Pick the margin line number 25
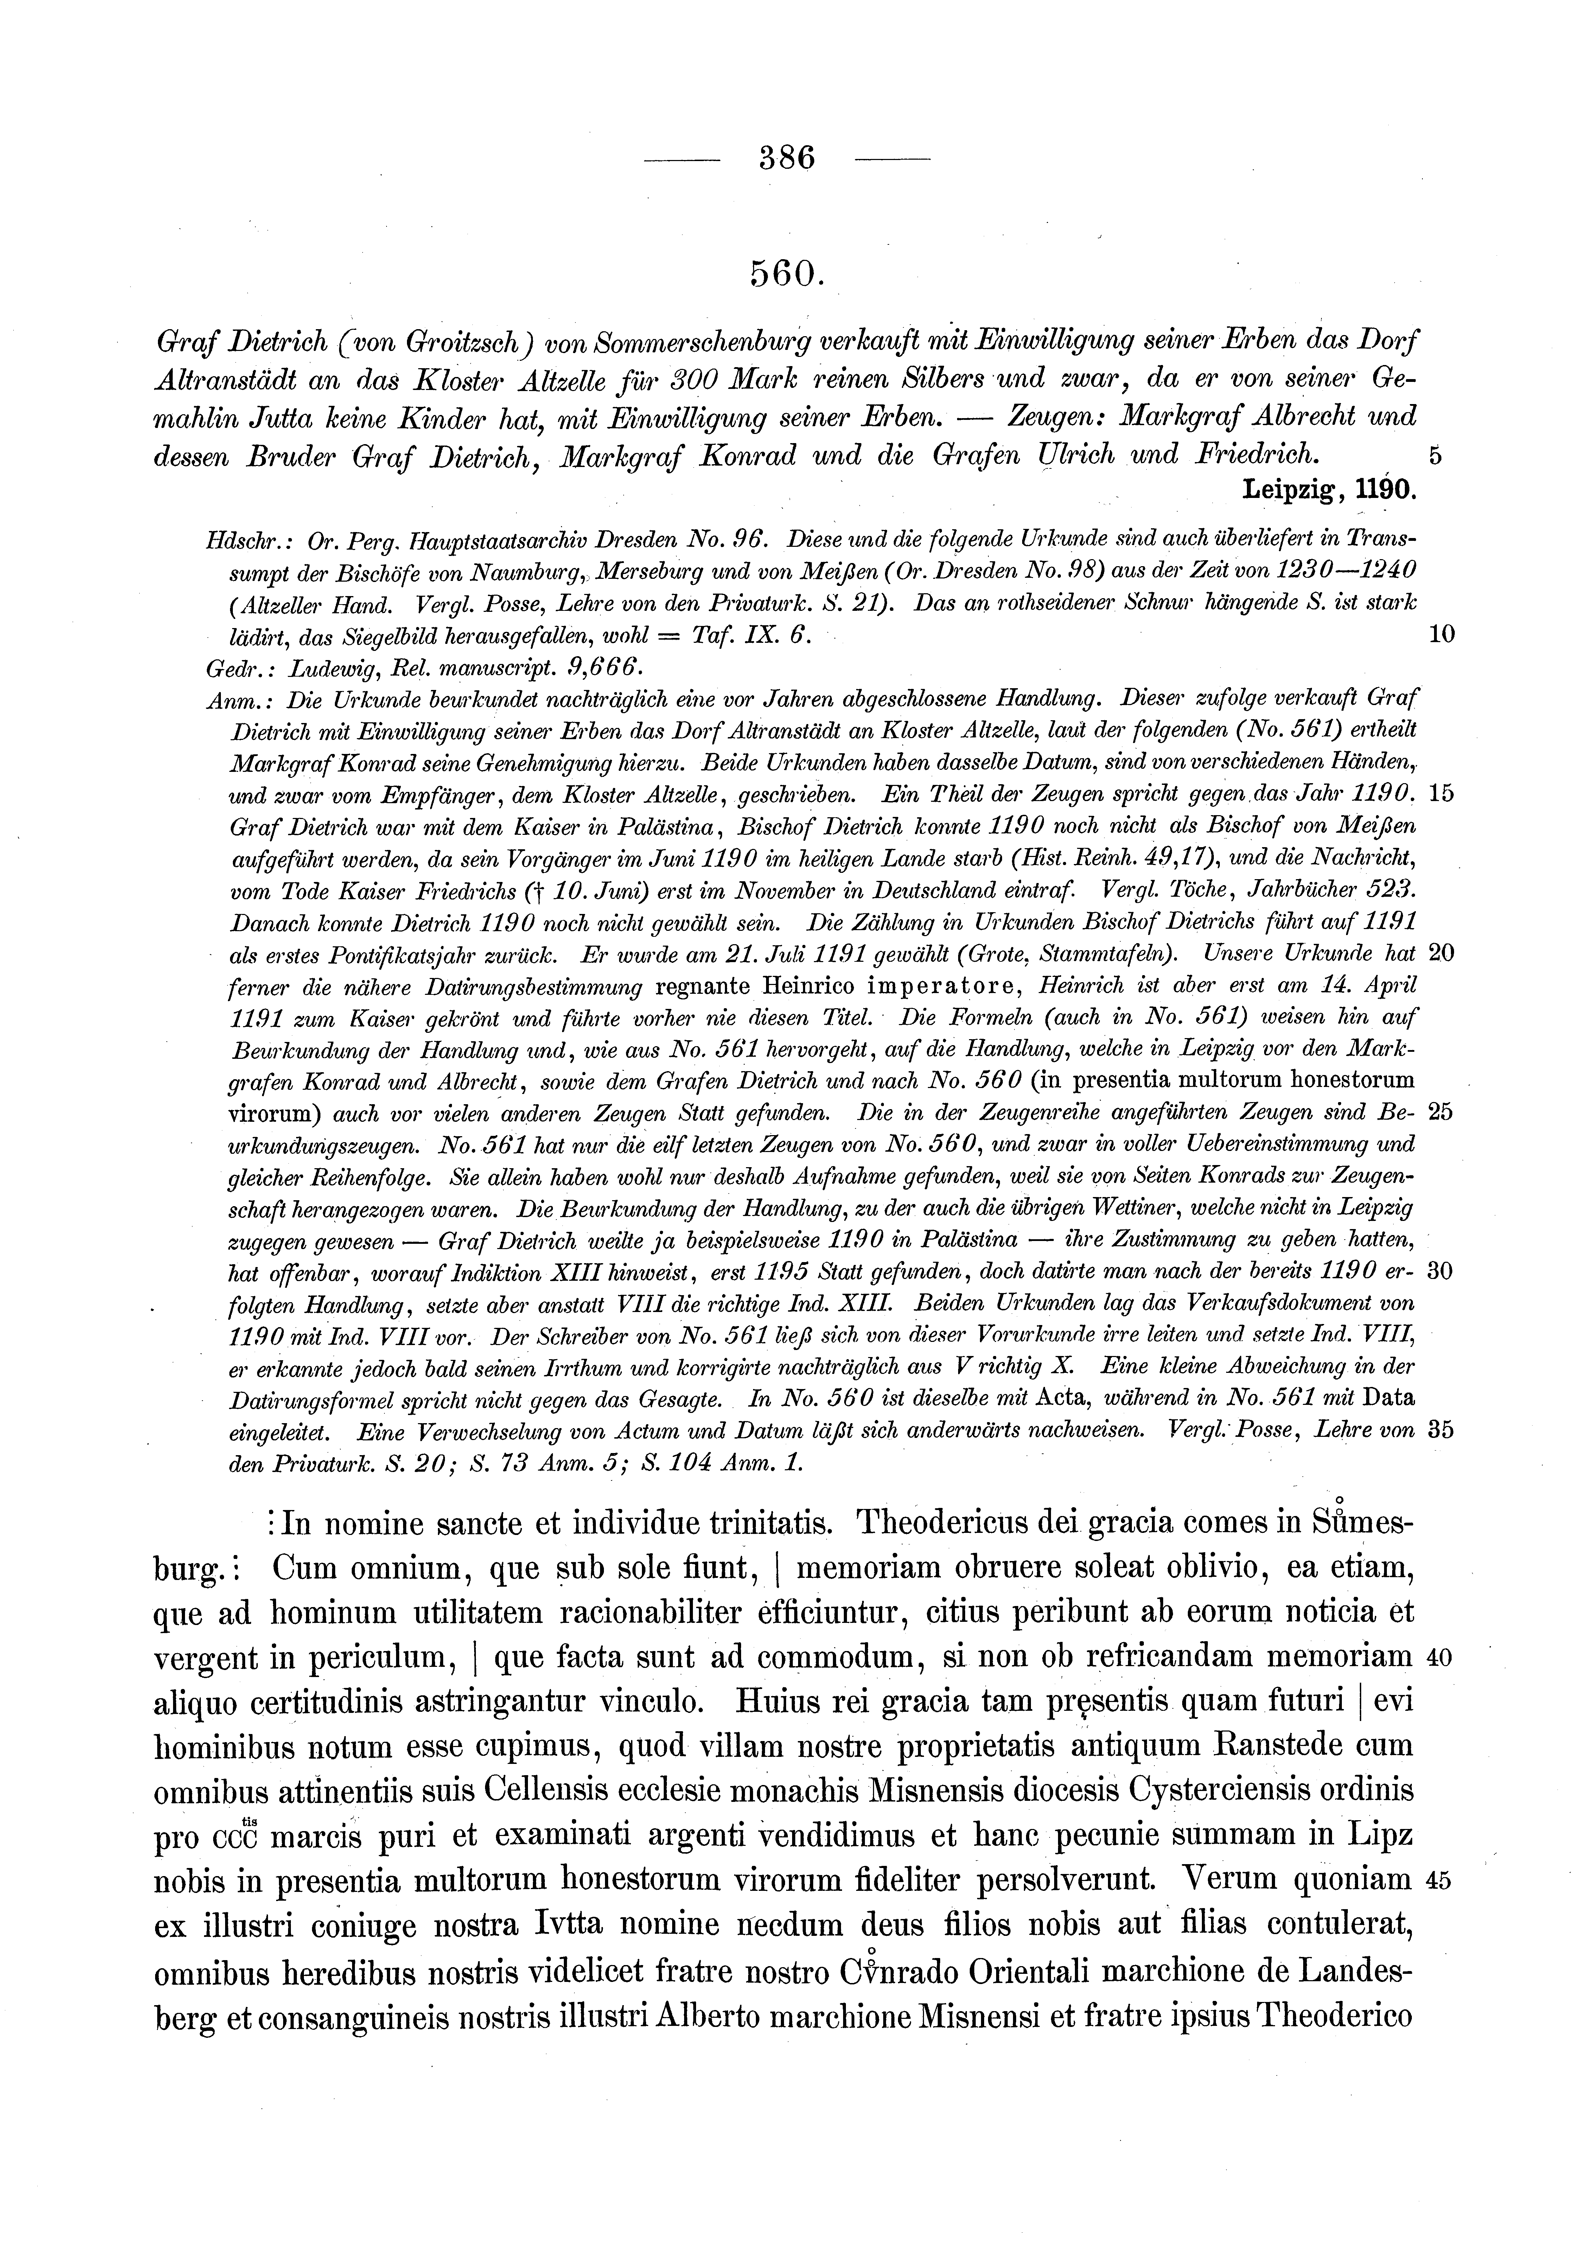point(1440,1113)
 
